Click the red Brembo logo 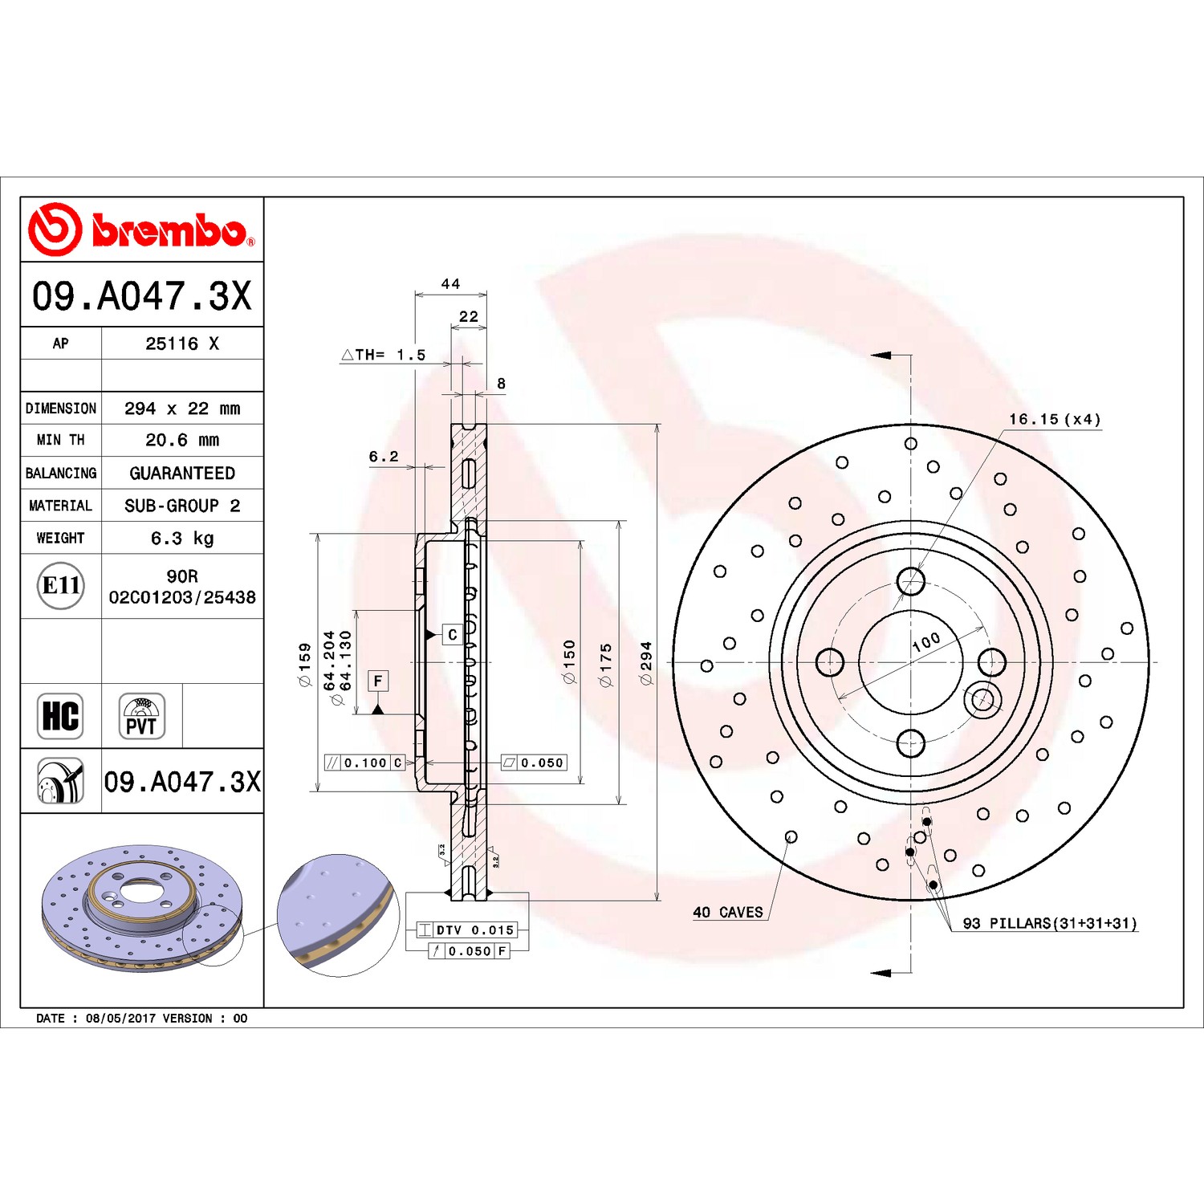[141, 230]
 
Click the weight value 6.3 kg [182, 539]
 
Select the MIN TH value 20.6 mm [182, 440]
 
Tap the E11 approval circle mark [61, 586]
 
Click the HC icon [61, 716]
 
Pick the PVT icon [142, 716]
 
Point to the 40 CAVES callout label [728, 912]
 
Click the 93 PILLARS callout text [1050, 923]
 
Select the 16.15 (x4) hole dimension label [1055, 419]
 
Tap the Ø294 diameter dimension [645, 663]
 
